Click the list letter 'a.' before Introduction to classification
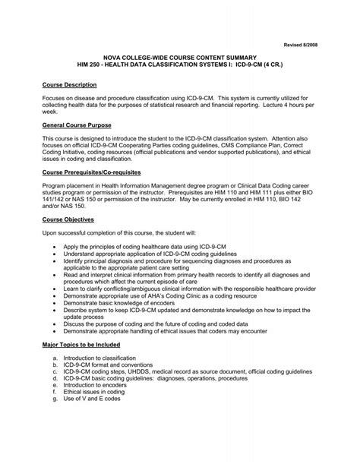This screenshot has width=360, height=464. click(x=56, y=356)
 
